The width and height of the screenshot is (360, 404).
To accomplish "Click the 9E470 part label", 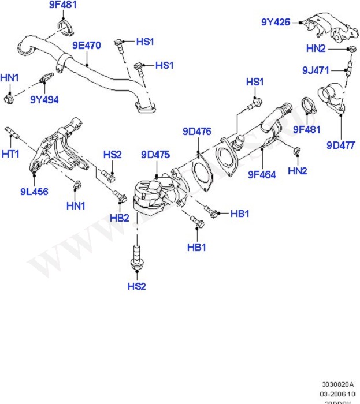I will [x=87, y=44].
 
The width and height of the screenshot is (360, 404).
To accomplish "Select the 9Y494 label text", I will [x=44, y=99].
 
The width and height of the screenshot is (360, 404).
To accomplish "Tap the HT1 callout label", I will [x=11, y=154].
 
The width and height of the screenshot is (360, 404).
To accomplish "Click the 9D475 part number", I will [x=155, y=154].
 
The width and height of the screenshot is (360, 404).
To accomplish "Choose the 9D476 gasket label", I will [x=196, y=130].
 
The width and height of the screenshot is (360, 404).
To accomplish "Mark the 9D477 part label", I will [x=340, y=145].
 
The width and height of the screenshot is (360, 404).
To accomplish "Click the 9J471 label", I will [x=316, y=70].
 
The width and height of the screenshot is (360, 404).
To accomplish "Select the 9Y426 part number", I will [x=275, y=22].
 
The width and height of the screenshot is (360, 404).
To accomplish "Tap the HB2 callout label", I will [x=119, y=218].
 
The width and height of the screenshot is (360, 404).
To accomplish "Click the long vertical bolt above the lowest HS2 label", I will [x=136, y=257].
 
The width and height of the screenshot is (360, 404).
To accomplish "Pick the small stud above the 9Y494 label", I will [x=45, y=77].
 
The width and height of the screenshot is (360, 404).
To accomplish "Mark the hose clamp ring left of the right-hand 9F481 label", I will [x=310, y=106].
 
